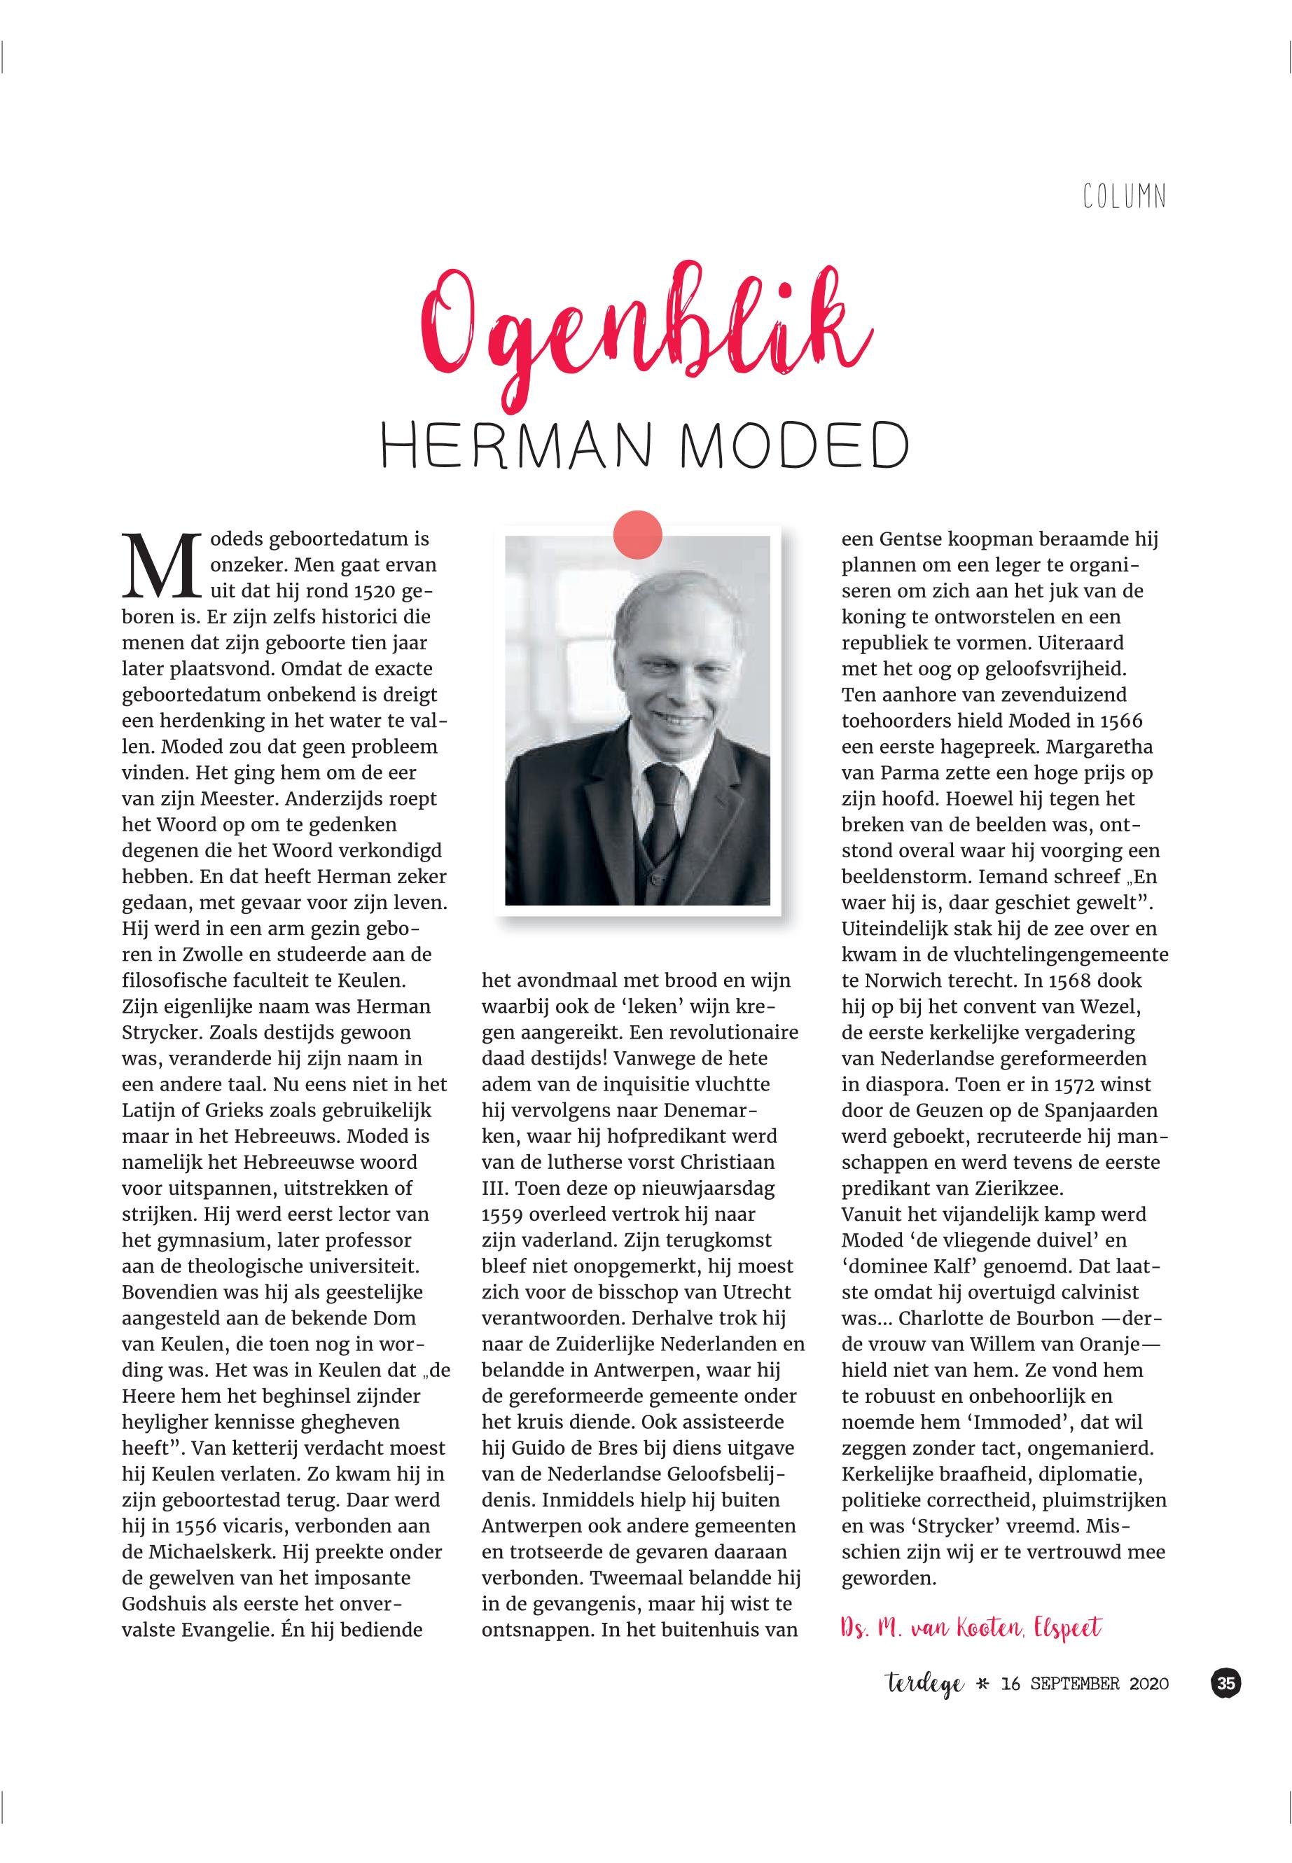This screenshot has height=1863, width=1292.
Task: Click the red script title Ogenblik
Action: pyautogui.click(x=646, y=340)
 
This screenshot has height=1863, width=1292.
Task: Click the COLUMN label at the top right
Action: pyautogui.click(x=1125, y=198)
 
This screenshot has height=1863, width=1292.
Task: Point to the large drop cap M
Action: pyautogui.click(x=161, y=565)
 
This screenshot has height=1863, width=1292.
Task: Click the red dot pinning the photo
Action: pyautogui.click(x=638, y=534)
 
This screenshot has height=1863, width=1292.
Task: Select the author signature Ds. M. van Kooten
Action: pyautogui.click(x=971, y=1628)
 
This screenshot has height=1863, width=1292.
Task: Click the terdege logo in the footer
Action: pyautogui.click(x=923, y=1685)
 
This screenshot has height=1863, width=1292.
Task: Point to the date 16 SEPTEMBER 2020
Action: pyautogui.click(x=1085, y=1685)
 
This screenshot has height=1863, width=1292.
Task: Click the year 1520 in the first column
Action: pyautogui.click(x=375, y=591)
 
